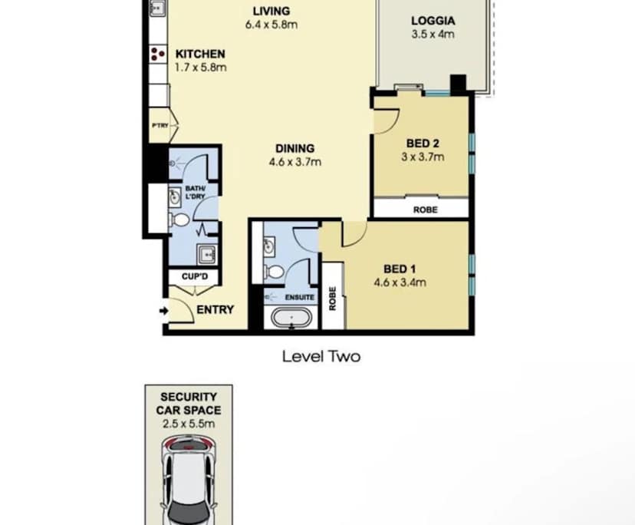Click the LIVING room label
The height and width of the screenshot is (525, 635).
[x=271, y=11]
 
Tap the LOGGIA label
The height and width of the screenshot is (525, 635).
[x=433, y=21]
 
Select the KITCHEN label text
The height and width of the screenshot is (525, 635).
[x=200, y=54]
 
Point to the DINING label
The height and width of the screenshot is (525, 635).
[x=294, y=148]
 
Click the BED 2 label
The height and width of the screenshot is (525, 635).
[x=423, y=144]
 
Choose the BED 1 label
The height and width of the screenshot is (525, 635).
[x=400, y=269]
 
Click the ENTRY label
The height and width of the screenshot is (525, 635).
[x=215, y=309]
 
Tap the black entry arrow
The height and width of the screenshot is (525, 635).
[x=163, y=310]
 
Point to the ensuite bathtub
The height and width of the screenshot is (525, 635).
[x=291, y=317]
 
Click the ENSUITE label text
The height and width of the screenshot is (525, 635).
[x=300, y=297]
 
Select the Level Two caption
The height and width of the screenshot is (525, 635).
[x=321, y=356]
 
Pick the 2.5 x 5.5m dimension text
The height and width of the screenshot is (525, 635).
[x=189, y=422]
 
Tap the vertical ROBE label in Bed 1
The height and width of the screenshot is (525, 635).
[x=332, y=298]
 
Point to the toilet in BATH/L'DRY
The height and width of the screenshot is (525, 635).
[x=179, y=220]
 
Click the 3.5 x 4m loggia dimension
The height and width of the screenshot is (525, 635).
[x=433, y=35]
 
